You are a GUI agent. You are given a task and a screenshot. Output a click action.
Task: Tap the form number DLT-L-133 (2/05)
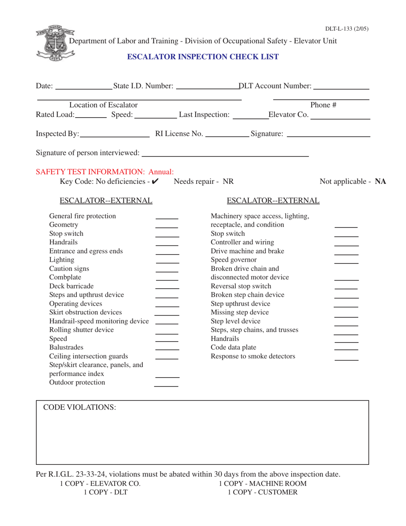click(347, 29)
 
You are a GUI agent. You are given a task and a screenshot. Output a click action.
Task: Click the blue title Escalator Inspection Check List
click(203, 56)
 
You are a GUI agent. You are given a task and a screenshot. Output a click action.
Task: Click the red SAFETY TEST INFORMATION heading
click(105, 172)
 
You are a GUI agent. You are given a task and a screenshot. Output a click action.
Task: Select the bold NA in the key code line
click(380, 182)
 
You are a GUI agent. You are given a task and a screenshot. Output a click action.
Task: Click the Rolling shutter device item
click(82, 330)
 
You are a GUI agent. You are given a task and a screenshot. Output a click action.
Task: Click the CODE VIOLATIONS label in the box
click(79, 408)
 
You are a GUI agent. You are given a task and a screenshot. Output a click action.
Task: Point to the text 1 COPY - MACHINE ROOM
click(262, 484)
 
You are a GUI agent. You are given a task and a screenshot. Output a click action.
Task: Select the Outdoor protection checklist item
click(77, 382)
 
